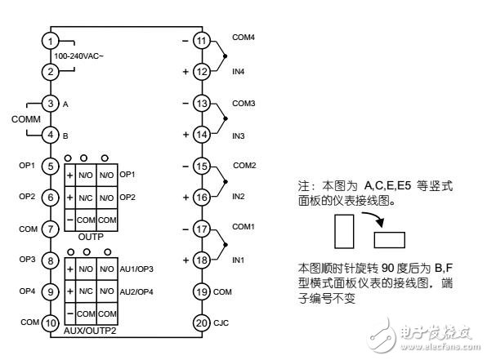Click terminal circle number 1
[x=51, y=41]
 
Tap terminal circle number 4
[x=51, y=135]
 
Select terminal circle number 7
[x=51, y=229]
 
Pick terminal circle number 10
[x=51, y=322]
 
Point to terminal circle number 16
[x=202, y=197]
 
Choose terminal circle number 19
[x=202, y=291]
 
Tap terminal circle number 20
[x=202, y=322]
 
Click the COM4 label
[x=244, y=38]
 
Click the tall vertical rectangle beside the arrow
[x=344, y=231]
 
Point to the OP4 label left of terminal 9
[x=26, y=291]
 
